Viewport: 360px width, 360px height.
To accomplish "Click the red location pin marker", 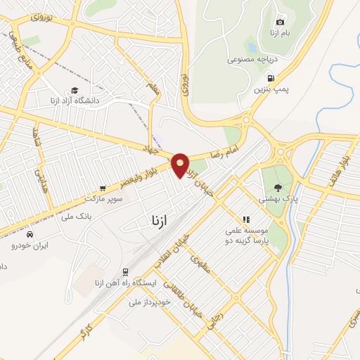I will pyautogui.click(x=180, y=165).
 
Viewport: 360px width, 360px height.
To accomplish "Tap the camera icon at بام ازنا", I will pyautogui.click(x=281, y=22).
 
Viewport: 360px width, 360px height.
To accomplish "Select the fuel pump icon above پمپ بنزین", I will pyautogui.click(x=271, y=79).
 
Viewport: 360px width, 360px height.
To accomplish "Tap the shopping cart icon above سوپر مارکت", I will pyautogui.click(x=103, y=188).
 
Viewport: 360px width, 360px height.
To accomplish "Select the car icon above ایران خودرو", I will pyautogui.click(x=29, y=234).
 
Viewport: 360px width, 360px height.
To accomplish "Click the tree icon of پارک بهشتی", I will pyautogui.click(x=278, y=188).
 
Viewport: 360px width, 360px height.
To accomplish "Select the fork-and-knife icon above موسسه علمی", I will pyautogui.click(x=246, y=219).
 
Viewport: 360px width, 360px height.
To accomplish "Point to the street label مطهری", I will pyautogui.click(x=202, y=264).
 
